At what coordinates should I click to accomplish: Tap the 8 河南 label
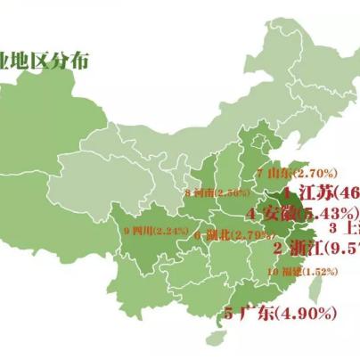point(217,192)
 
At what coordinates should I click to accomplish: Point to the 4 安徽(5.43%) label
point(302,214)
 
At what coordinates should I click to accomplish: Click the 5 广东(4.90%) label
point(280,313)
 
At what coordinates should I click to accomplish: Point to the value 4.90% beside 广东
point(307,313)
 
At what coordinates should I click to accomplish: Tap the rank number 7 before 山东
point(259,173)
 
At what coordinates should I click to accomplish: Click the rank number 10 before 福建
point(270,272)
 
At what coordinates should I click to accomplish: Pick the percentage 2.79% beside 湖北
point(249,233)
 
